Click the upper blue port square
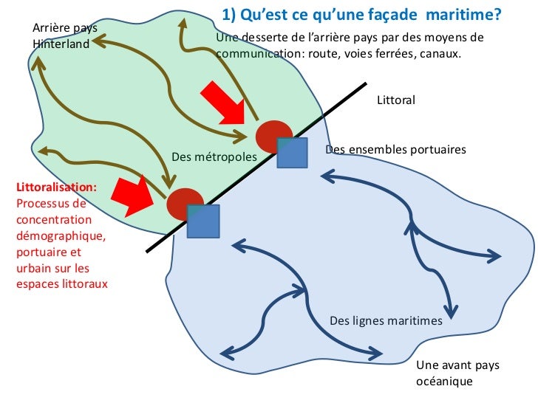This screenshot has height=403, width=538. [292, 152]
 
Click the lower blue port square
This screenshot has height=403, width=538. [202, 221]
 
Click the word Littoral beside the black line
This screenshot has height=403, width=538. [396, 100]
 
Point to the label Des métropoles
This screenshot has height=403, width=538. [214, 157]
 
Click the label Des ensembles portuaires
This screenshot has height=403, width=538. [395, 149]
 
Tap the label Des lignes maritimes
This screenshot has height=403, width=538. [386, 320]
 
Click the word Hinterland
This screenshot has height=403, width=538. [61, 44]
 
